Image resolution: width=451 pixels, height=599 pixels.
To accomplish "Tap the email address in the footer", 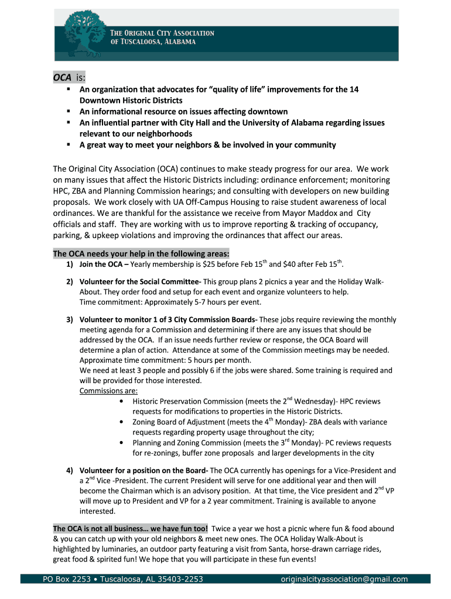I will point(344,579).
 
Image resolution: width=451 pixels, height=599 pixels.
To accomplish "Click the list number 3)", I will point(69,320).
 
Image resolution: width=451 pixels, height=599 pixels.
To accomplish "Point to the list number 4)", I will point(69,471).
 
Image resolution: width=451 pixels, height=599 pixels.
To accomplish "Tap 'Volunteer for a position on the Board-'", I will point(143,471).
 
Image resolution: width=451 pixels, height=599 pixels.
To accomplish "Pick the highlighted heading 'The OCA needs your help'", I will point(141,254).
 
